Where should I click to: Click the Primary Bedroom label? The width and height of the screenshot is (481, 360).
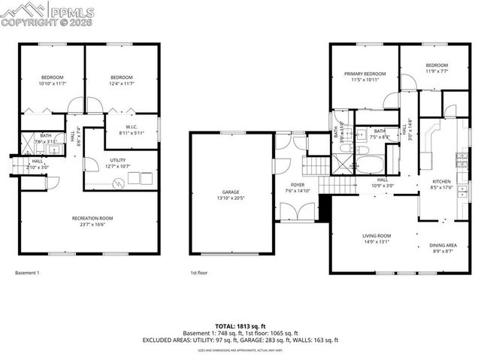click(365, 74)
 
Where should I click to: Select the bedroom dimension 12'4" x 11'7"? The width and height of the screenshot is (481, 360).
click(121, 84)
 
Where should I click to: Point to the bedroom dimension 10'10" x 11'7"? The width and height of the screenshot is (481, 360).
click(52, 84)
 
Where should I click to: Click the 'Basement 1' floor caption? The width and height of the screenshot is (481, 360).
click(27, 273)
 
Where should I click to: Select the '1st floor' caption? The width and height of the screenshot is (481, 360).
click(199, 273)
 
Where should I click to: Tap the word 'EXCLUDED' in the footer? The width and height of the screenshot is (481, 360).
click(180, 340)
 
